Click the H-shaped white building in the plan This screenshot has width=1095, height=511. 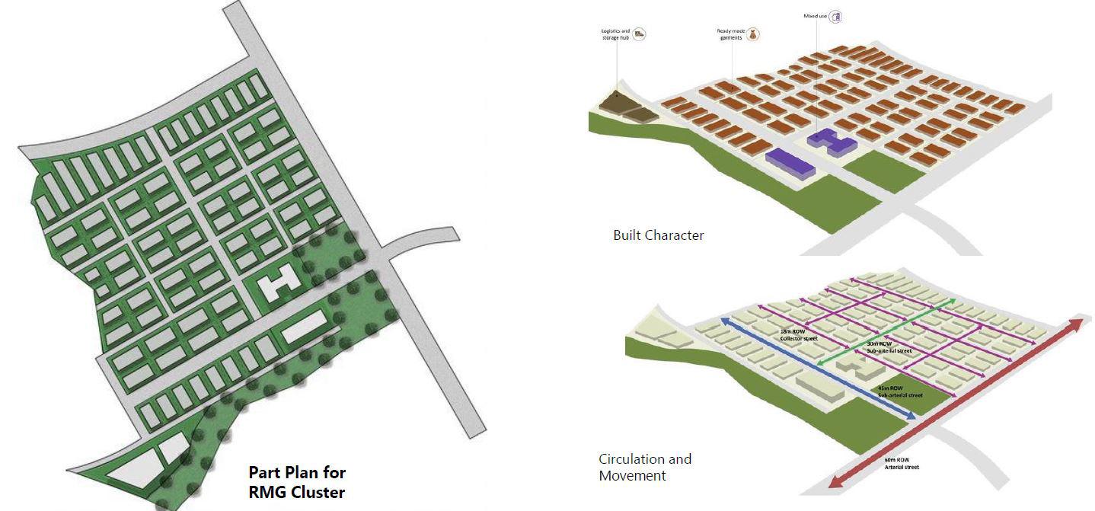click(277, 284)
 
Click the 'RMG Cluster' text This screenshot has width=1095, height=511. click(296, 492)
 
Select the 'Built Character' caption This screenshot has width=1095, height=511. click(658, 235)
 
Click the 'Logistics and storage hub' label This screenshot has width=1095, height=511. click(615, 33)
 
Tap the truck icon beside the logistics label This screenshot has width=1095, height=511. click(640, 34)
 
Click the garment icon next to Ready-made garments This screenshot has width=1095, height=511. click(754, 34)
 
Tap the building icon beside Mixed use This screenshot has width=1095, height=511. click(835, 15)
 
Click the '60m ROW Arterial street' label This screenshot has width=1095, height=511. click(902, 463)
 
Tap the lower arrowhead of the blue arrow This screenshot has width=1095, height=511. click(911, 416)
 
